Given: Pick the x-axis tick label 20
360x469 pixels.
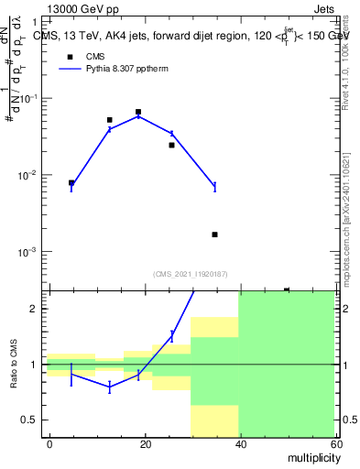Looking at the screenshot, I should (145, 443).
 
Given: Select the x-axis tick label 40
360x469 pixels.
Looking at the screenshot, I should (239, 443).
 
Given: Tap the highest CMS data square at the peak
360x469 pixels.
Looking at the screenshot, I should (138, 112).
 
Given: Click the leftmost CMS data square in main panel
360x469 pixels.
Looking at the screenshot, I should (71, 182).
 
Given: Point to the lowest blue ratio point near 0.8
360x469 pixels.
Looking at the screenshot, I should (110, 387).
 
